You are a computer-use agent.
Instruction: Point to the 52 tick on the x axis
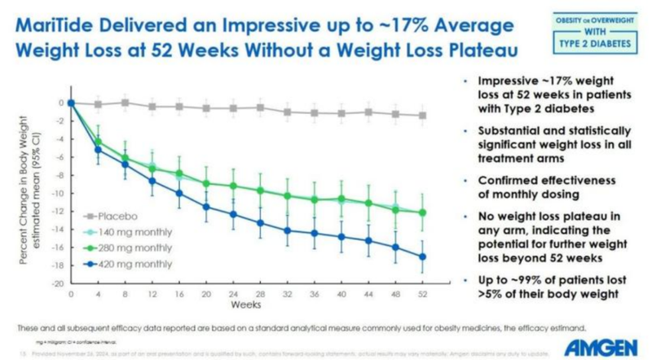click(421, 292)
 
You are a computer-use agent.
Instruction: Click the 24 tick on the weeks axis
click(233, 292)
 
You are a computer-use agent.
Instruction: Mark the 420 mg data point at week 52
click(421, 257)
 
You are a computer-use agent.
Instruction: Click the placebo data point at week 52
click(421, 116)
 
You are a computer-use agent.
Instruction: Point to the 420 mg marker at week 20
click(206, 207)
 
